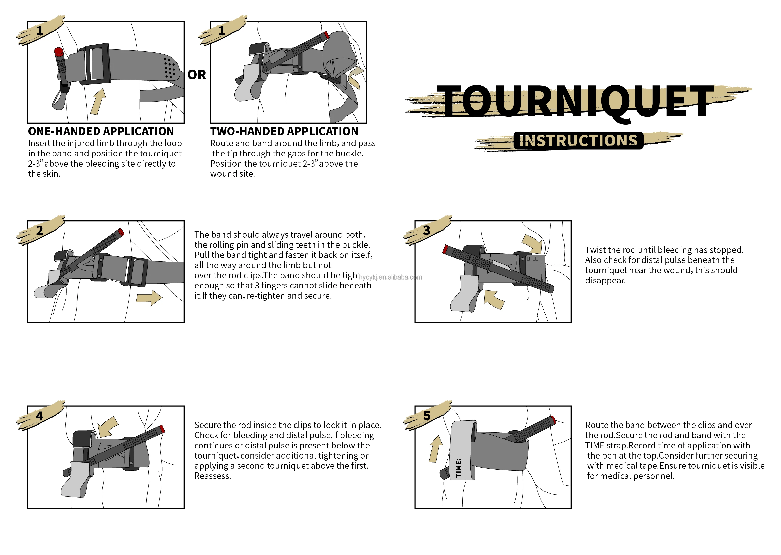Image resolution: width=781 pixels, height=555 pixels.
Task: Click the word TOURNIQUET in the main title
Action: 575,102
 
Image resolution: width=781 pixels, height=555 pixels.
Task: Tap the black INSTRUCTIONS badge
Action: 578,140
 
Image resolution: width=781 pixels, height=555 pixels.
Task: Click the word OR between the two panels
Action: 197,75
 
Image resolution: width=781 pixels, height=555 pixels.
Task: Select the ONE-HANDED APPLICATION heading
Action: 101,131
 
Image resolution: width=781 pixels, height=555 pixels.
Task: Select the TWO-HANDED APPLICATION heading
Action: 284,131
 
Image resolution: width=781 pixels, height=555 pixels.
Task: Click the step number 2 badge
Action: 40,230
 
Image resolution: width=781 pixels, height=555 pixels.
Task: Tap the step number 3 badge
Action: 426,230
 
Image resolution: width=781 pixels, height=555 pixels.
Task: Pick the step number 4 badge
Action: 40,416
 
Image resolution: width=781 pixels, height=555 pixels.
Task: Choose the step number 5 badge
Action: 426,416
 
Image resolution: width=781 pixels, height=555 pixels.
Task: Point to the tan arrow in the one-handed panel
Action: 98,101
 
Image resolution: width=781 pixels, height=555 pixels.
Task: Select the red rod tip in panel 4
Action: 162,429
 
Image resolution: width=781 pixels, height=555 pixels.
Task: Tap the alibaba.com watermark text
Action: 391,277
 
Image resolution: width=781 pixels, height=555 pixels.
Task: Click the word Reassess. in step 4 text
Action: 213,476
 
